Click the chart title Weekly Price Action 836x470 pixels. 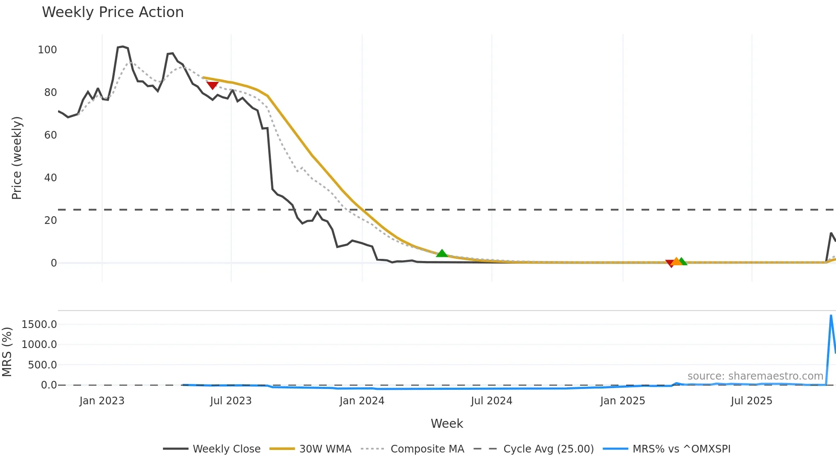pyautogui.click(x=113, y=12)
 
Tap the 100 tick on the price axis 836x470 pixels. pyautogui.click(x=47, y=50)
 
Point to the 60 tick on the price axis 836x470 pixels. pyautogui.click(x=50, y=135)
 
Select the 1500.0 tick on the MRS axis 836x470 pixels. pyautogui.click(x=39, y=325)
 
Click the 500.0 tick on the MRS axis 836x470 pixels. pyautogui.click(x=42, y=365)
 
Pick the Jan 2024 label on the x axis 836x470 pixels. pyautogui.click(x=362, y=401)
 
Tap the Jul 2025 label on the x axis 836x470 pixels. pyautogui.click(x=751, y=401)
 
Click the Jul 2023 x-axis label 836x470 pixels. pyautogui.click(x=231, y=401)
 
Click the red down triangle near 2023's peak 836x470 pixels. pyautogui.click(x=212, y=85)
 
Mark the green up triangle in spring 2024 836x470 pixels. pyautogui.click(x=442, y=253)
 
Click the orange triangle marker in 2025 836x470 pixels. pyautogui.click(x=676, y=261)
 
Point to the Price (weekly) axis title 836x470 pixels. pyautogui.click(x=17, y=158)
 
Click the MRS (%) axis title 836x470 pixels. pyautogui.click(x=7, y=352)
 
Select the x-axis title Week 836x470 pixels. pyautogui.click(x=447, y=424)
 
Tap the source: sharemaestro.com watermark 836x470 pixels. pyautogui.click(x=755, y=376)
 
